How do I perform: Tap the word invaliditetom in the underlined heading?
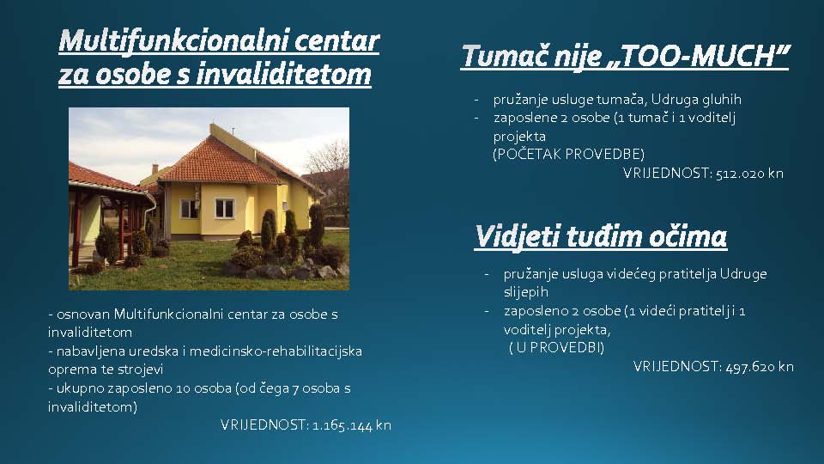[x=284, y=74]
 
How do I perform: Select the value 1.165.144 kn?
[x=352, y=425]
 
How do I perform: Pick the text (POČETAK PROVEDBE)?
[x=568, y=154]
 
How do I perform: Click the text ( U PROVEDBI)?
[x=556, y=348]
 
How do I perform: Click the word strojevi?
[x=140, y=369]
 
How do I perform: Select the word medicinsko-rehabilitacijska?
[x=276, y=351]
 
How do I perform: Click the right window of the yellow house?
[x=224, y=208]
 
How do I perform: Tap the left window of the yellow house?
[x=189, y=209]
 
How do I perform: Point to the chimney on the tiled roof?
[x=154, y=169]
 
